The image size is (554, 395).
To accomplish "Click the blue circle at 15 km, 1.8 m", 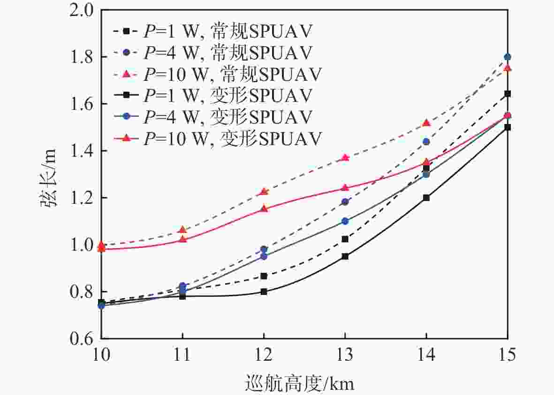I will [507, 57].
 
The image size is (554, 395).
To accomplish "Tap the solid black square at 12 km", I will [264, 292].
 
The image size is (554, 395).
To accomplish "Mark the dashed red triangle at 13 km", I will [345, 158].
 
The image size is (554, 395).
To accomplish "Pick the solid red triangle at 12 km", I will [264, 209].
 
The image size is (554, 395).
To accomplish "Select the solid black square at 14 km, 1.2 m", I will [426, 198].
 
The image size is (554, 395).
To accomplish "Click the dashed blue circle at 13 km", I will [345, 202].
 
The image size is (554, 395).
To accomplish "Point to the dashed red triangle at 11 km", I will [182, 230].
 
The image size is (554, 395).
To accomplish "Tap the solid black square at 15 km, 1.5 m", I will [507, 127].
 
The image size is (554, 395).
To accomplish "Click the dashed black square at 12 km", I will [264, 276].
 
